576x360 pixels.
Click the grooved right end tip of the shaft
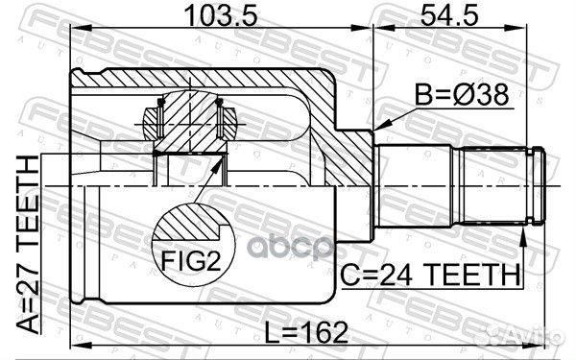tap(539, 183)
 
